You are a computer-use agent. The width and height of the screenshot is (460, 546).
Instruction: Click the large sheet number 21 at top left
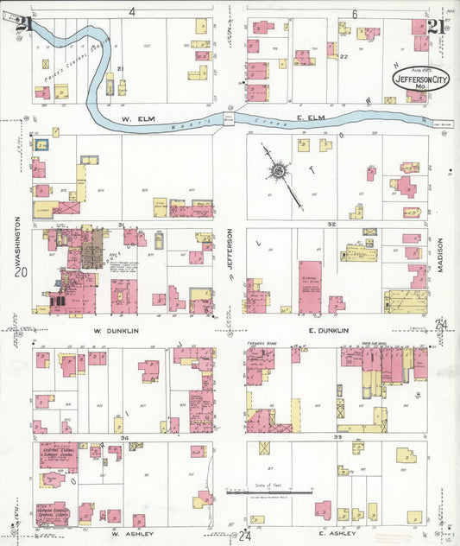coord(23,25)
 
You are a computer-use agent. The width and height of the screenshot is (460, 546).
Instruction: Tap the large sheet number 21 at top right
coord(436,26)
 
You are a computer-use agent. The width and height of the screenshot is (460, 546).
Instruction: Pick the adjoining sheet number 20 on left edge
coord(16,271)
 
